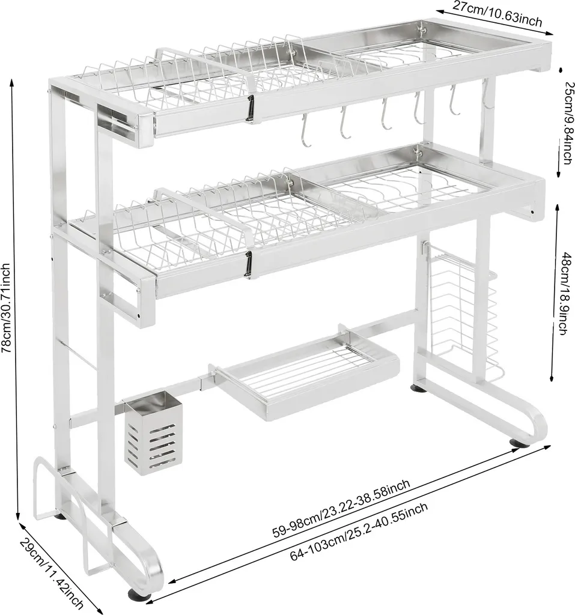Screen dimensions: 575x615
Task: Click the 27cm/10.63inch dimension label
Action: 497,13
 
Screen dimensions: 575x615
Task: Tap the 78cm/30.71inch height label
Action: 7,308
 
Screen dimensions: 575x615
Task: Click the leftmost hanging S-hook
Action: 305,130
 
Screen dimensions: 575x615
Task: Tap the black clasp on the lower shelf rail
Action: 248,265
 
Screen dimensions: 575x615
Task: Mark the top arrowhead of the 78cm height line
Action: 12,82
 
